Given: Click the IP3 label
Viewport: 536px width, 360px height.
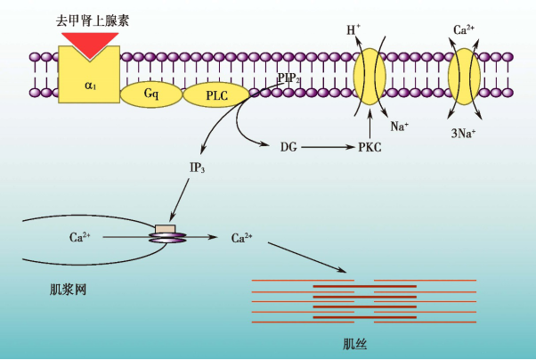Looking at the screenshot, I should [198, 168].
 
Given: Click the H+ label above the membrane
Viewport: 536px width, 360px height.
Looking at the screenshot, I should [353, 31].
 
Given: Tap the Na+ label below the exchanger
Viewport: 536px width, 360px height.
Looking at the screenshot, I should [399, 127].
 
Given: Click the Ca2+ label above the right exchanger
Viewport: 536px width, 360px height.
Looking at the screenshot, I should [463, 30].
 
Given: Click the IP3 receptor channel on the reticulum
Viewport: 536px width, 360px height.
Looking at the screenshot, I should [166, 234].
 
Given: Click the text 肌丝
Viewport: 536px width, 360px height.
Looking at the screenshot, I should [354, 344].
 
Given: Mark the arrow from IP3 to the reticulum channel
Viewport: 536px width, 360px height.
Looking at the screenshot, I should [181, 200].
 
